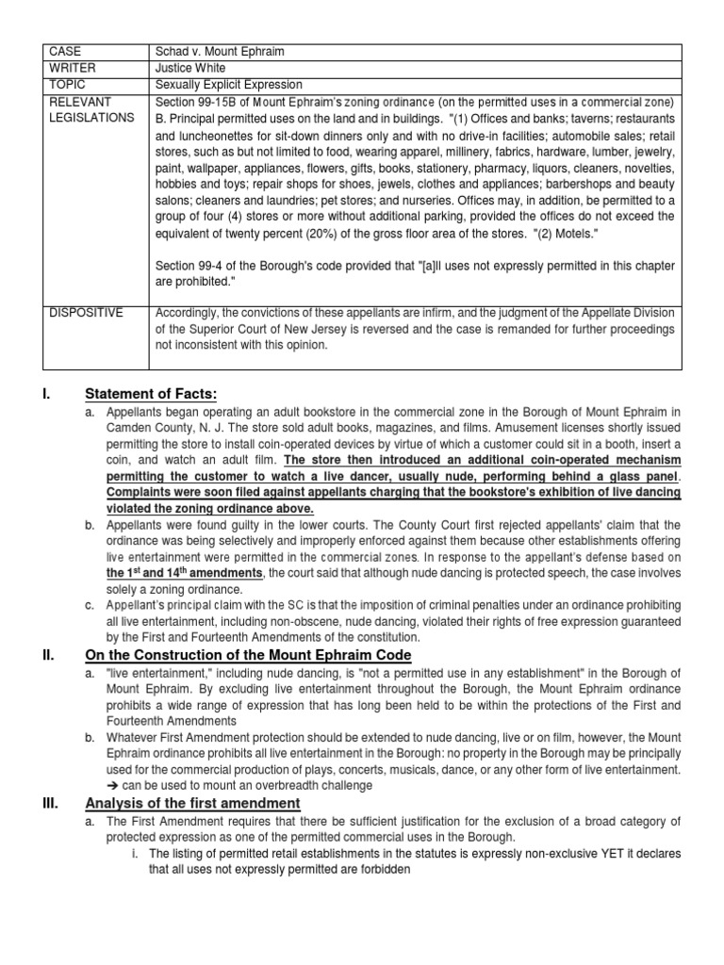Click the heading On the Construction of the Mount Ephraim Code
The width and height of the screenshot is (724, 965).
(x=248, y=655)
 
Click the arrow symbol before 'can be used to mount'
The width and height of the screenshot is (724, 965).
(x=116, y=784)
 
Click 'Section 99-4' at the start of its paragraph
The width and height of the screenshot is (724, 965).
(x=189, y=258)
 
